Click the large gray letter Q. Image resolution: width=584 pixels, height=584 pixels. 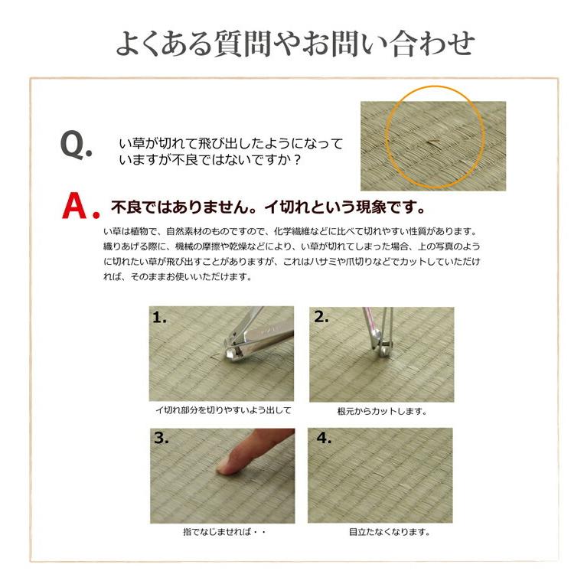click(75, 146)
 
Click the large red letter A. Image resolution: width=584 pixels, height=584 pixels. click(80, 207)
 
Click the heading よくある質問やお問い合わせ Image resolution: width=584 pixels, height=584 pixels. click(294, 44)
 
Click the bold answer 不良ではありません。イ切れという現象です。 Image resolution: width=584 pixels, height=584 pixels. click(267, 208)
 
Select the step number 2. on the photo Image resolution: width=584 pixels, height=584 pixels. click(321, 318)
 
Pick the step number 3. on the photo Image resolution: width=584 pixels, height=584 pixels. click(161, 439)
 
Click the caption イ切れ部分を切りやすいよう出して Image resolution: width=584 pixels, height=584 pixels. click(223, 410)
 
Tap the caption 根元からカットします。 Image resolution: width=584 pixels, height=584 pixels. click(381, 411)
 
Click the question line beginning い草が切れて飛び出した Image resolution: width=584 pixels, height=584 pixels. click(230, 144)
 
